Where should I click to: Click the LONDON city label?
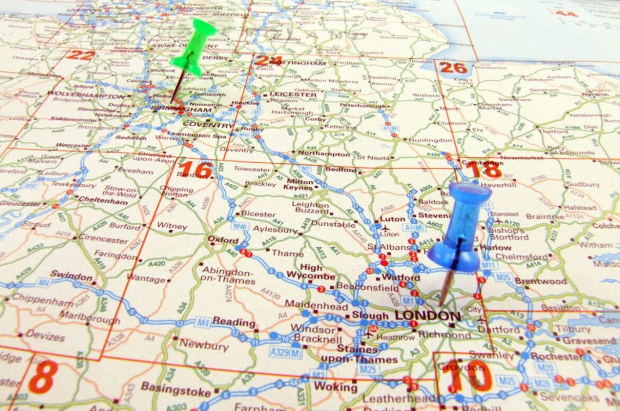[427, 317]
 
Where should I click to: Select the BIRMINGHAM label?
[181, 110]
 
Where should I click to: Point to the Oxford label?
[224, 240]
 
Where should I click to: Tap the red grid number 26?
[453, 67]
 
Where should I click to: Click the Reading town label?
[234, 321]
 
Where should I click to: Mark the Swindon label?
[71, 275]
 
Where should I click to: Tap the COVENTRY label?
[208, 124]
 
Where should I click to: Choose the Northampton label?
[324, 154]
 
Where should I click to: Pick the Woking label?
[336, 387]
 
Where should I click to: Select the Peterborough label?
[363, 106]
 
